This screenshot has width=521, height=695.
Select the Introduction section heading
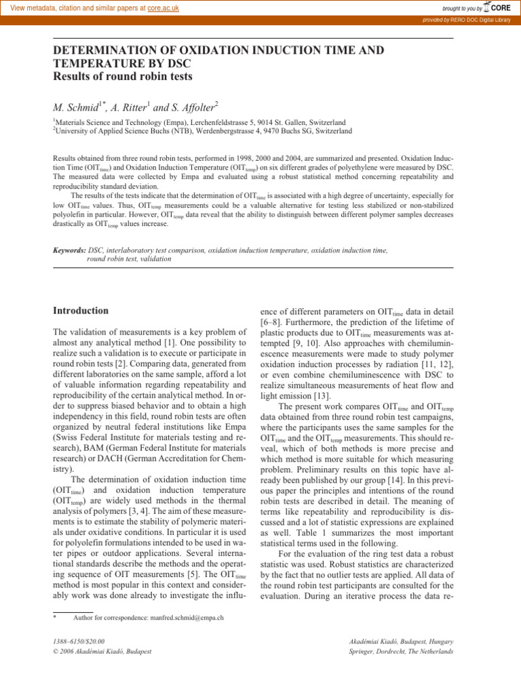pos(81,311)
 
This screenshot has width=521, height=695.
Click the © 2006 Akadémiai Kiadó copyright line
pos(102,652)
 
